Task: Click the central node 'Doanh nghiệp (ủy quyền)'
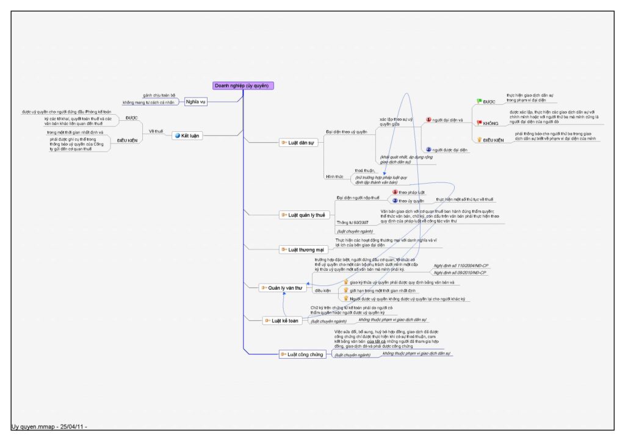pos(243,85)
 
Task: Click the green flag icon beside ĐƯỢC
pos(479,101)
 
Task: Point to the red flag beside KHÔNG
pos(479,123)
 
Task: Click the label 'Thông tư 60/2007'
pos(353,222)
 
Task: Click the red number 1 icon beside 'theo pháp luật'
pos(395,192)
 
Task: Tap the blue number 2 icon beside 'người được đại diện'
pos(428,149)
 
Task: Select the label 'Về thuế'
pos(156,131)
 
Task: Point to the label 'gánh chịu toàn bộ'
pos(159,95)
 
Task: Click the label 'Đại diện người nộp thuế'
pos(358,198)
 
